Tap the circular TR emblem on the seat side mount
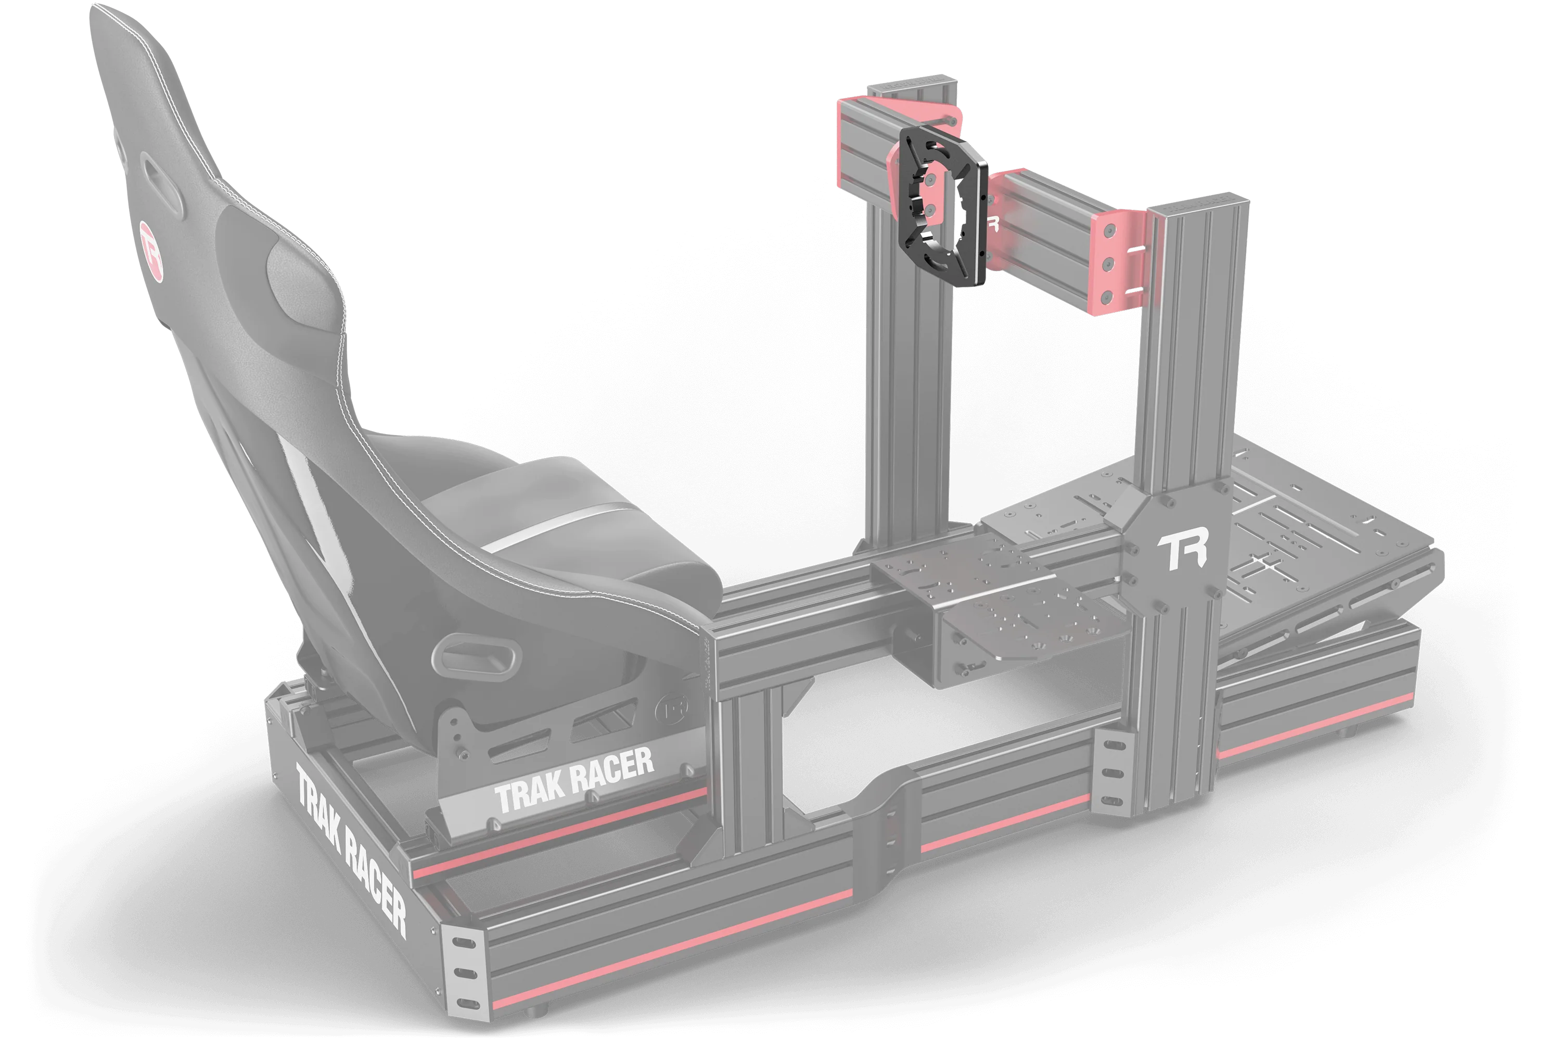pos(669,710)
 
